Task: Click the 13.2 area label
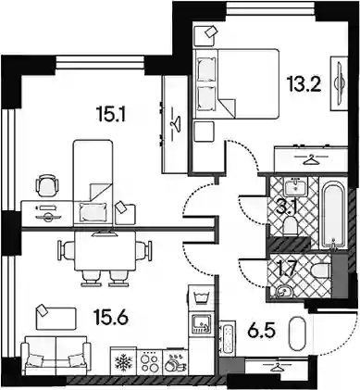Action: click(304, 84)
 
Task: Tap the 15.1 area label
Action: click(111, 115)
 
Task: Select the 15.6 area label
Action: click(111, 317)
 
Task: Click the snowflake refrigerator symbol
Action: click(123, 361)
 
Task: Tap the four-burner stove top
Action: click(149, 361)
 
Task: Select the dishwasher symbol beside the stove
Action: click(176, 362)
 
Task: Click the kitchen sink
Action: click(202, 323)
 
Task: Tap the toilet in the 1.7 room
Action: click(319, 270)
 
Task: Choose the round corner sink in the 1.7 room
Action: click(281, 291)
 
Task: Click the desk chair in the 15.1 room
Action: click(47, 185)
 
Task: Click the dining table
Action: click(106, 250)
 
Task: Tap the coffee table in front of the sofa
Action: click(56, 319)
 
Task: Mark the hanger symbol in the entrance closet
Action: click(276, 368)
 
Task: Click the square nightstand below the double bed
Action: click(204, 132)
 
